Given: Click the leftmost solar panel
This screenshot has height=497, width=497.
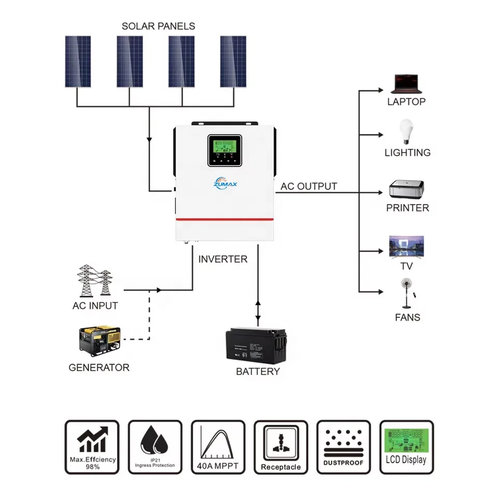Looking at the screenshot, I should (78, 61).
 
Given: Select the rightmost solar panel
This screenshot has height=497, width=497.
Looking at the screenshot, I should (233, 61).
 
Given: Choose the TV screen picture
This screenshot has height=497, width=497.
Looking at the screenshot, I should (406, 246).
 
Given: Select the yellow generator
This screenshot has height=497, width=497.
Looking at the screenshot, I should (98, 342).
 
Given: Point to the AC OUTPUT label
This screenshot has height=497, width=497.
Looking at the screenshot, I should (309, 186).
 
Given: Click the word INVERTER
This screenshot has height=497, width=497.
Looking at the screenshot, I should (223, 259).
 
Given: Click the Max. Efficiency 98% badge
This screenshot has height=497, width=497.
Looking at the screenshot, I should (92, 447).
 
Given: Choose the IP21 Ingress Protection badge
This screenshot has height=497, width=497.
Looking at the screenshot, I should (155, 447).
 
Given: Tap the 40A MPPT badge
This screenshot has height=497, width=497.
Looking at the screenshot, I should (218, 447).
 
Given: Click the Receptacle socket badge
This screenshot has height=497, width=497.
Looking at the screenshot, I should (281, 447).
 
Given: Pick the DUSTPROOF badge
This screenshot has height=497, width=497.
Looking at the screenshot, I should (343, 447).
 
